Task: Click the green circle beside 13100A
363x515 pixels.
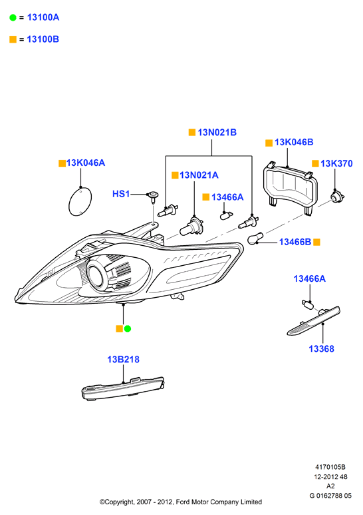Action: (x=13, y=18)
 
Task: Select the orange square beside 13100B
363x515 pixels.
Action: (x=13, y=40)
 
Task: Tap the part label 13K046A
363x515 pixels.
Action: (x=86, y=163)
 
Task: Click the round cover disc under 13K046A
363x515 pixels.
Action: (x=80, y=201)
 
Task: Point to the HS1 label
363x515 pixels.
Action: (x=121, y=194)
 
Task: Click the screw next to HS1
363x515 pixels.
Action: (x=153, y=197)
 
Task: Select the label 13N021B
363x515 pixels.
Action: (x=217, y=133)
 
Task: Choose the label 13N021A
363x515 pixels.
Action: (x=199, y=175)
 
